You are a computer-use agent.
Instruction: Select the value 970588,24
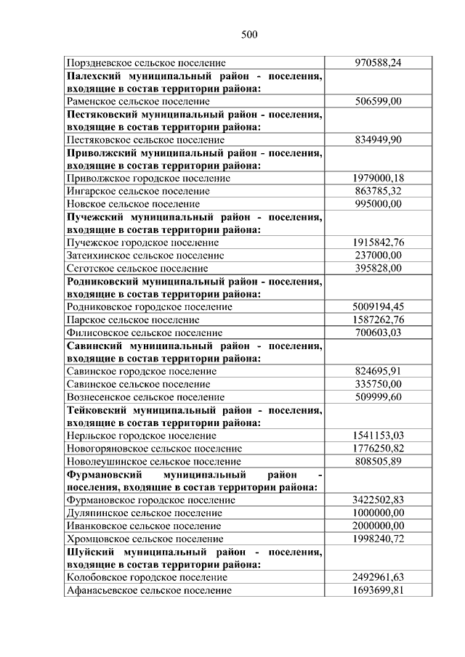click(x=378, y=63)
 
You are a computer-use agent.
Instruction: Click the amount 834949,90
click(x=378, y=139)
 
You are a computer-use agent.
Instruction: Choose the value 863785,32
click(x=378, y=191)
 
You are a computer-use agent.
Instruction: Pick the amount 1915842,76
click(x=378, y=242)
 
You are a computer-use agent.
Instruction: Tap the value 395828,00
click(x=378, y=268)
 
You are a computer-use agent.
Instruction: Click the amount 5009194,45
click(x=378, y=306)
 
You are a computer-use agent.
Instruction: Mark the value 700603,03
click(x=378, y=332)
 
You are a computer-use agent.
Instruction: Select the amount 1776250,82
click(x=378, y=448)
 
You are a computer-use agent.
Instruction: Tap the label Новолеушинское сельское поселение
click(x=153, y=461)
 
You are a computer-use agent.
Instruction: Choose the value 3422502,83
click(x=378, y=499)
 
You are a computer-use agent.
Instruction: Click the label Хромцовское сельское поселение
click(x=145, y=539)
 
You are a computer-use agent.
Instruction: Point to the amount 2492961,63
click(x=378, y=577)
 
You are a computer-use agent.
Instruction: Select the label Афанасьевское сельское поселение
click(x=149, y=590)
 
